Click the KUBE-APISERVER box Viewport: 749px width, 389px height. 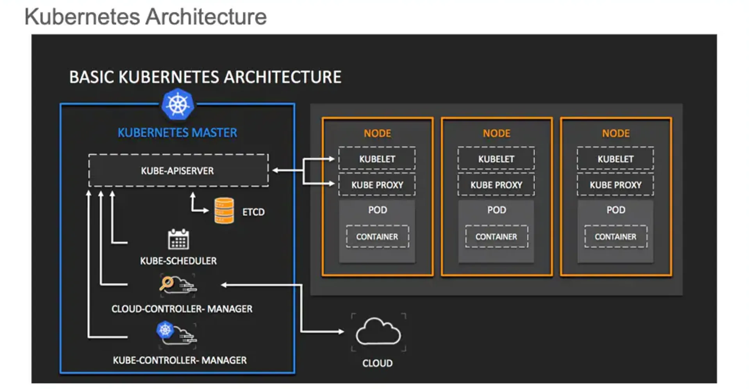178,171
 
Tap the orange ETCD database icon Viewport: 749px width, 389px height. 224,211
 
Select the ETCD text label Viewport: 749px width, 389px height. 253,212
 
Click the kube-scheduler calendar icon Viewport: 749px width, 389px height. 178,239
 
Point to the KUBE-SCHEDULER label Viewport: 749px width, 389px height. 178,261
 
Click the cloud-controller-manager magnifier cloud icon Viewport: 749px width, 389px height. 178,285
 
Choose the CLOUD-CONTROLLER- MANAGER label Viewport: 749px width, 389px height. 182,309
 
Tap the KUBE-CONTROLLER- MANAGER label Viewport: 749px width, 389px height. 180,360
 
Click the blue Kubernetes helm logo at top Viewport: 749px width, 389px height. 178,104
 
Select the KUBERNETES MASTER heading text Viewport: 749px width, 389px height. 177,133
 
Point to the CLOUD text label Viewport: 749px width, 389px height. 377,363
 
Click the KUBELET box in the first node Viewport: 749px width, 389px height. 377,159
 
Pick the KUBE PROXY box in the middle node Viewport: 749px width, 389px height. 496,185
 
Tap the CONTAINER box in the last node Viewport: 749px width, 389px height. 615,236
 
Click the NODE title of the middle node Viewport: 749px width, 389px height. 496,133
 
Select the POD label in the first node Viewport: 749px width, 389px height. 377,210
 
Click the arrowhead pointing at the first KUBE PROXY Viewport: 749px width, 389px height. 332,183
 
